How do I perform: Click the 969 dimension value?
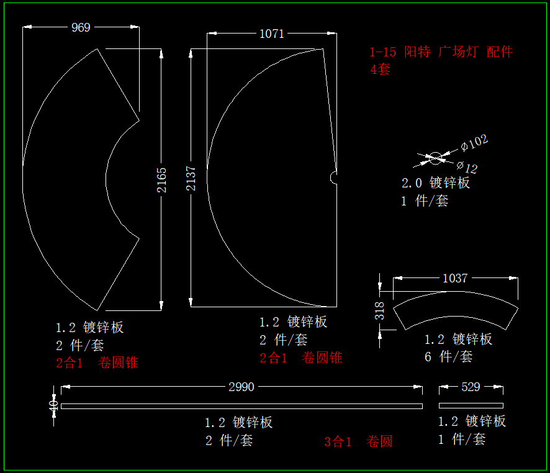(81, 27)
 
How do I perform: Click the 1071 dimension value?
(271, 34)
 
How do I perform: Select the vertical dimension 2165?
(161, 179)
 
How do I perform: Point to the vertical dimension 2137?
(191, 178)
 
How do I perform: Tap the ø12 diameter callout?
(467, 167)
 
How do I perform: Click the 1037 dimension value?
(454, 278)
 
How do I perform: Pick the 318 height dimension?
(380, 310)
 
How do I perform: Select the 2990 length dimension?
(241, 387)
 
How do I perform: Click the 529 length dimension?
(471, 387)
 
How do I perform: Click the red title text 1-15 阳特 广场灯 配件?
(441, 52)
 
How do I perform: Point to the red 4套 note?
(380, 69)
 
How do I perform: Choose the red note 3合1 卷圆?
(358, 442)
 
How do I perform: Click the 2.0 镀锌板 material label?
(436, 183)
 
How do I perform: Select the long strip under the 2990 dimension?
(241, 407)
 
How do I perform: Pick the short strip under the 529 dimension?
(471, 406)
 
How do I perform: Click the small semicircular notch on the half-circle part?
(334, 178)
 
